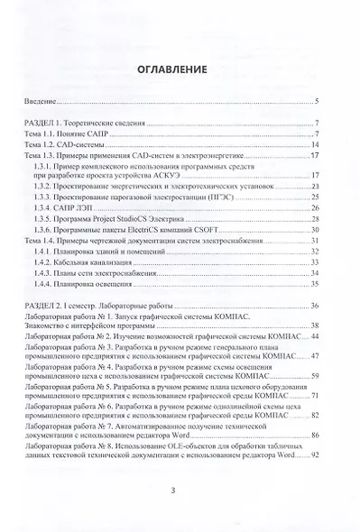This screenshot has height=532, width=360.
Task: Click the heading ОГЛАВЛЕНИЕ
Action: coord(180,69)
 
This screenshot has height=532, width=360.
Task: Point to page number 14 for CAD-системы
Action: coord(316,143)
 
